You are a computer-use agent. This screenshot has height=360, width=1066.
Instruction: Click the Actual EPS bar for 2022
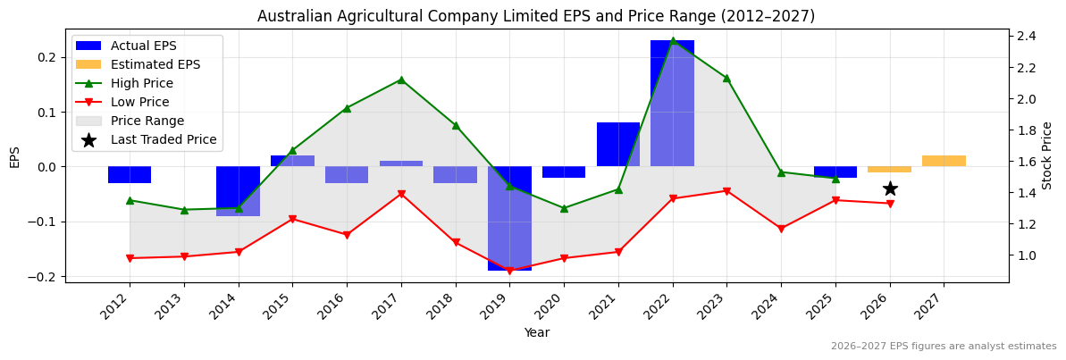coord(672,103)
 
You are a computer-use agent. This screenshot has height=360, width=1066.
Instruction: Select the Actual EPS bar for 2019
coord(509,218)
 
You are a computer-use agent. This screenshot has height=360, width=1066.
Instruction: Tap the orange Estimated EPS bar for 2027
coord(944,161)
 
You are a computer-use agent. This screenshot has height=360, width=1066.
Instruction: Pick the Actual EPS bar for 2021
coord(618,144)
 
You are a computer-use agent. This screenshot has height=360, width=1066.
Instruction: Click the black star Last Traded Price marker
coord(890,188)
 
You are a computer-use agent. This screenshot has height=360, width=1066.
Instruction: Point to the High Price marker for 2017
coord(401,80)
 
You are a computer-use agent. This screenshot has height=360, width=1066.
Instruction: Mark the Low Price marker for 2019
coord(509,271)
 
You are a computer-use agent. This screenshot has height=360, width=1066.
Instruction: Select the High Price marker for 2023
coord(726,78)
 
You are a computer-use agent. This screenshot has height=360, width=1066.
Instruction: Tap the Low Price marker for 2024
coord(781,229)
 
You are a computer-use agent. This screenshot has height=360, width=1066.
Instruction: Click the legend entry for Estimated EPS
coord(155,64)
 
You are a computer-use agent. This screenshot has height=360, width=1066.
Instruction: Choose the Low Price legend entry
coord(139,102)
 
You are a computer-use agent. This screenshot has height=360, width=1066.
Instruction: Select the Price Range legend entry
coord(147,121)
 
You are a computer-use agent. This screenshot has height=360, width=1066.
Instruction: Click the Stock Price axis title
coord(1047,155)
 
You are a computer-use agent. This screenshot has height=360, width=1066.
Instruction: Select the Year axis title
coord(536,332)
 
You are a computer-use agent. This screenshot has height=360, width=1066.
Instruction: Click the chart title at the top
coord(536,16)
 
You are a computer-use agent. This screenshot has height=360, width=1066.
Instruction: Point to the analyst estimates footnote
coord(944,347)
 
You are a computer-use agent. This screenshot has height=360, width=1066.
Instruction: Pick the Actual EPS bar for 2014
coord(238,191)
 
